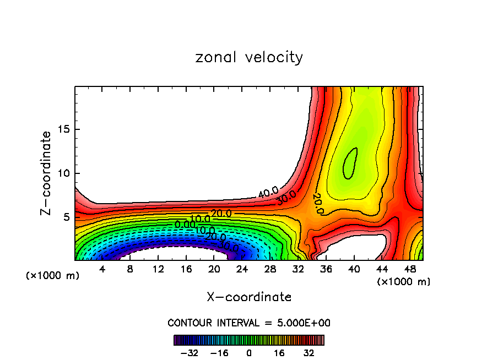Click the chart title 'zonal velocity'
tap(249, 57)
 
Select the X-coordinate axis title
tap(249, 297)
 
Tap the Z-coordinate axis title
tap(47, 173)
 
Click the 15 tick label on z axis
tap(63, 130)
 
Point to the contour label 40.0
tap(268, 193)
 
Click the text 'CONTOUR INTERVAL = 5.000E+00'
tap(249, 323)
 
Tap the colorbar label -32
tap(189, 353)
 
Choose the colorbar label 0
tap(249, 353)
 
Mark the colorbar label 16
tap(279, 353)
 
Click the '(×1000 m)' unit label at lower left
tap(53, 275)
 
